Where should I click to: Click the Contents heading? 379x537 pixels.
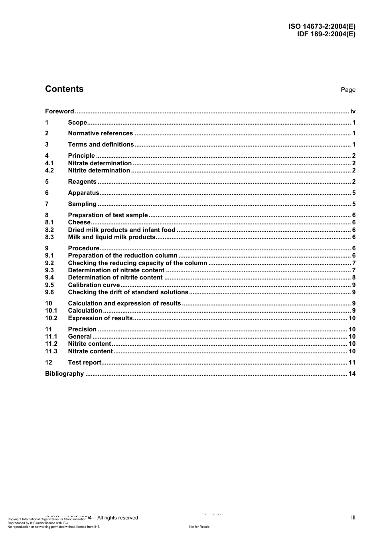(64, 89)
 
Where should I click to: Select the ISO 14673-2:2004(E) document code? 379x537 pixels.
(322, 27)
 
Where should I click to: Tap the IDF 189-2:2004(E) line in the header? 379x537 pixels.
(326, 34)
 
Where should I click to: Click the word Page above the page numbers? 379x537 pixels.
(348, 90)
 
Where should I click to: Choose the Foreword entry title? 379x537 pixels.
(59, 111)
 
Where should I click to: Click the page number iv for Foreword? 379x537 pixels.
(353, 111)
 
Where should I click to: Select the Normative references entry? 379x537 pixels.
(100, 133)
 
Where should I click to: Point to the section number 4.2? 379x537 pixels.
(49, 170)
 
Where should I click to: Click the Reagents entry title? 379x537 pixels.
(82, 182)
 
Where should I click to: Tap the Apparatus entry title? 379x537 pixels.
(83, 193)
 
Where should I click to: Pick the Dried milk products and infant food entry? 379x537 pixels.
(122, 230)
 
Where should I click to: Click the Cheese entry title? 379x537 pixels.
(79, 222)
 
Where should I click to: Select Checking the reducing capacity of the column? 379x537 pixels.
(138, 263)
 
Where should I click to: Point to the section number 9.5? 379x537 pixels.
(49, 285)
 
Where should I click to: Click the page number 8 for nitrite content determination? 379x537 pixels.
(354, 277)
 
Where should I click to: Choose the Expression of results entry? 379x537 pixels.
(100, 318)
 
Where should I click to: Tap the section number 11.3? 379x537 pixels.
(51, 351)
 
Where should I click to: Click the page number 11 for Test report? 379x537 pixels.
(352, 363)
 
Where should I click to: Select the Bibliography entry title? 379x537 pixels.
(65, 374)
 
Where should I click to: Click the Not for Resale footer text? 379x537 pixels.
(199, 527)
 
